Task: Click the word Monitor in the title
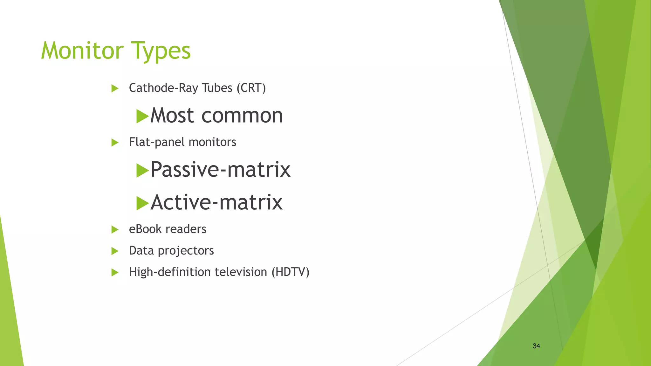click(82, 51)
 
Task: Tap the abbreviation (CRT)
click(251, 88)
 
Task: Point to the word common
click(242, 115)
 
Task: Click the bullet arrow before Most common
click(142, 116)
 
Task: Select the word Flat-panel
click(157, 142)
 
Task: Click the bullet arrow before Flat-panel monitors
click(115, 143)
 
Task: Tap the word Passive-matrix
click(220, 169)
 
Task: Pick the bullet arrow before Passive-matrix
click(142, 171)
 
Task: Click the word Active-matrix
click(216, 202)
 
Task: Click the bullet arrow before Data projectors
click(115, 251)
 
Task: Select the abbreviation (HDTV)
click(290, 272)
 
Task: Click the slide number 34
click(536, 346)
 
